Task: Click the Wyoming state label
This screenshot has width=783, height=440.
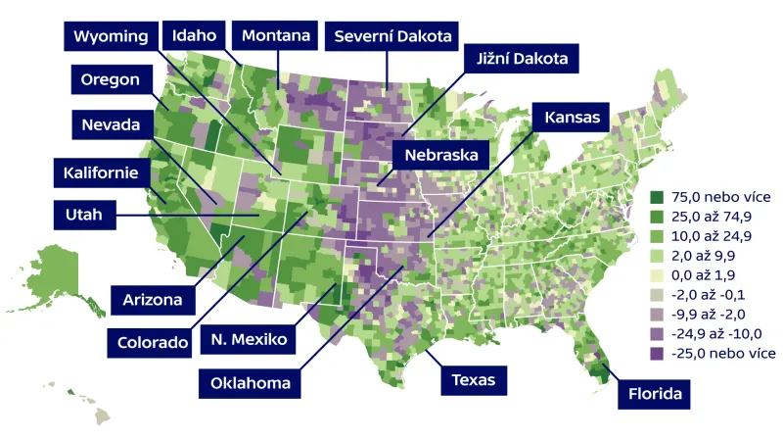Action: point(111,36)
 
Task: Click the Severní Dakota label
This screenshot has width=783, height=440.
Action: point(391,36)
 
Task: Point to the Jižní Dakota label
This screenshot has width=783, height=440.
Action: point(523,60)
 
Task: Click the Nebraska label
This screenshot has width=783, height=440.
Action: point(440,155)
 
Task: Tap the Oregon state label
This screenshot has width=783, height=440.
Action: point(111,80)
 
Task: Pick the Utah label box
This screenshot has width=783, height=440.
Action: point(84,214)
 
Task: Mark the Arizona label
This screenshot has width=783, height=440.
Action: point(153,298)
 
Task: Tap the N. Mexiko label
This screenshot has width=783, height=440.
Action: point(248,340)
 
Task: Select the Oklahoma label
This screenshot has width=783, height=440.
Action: point(250,382)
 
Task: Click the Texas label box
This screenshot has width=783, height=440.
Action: point(474,379)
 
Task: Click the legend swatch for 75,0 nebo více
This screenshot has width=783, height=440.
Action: point(658,197)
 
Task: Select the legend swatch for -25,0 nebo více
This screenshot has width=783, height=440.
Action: point(658,353)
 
